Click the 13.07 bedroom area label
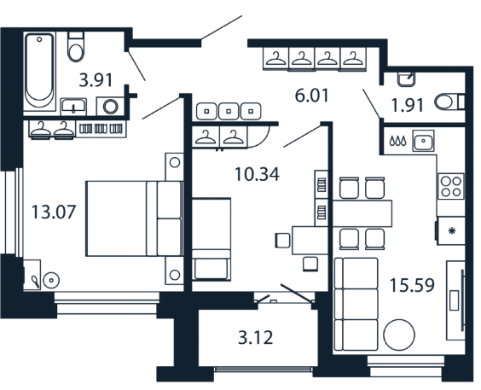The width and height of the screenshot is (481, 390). tap(54, 212)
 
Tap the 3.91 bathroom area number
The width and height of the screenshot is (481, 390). tap(96, 80)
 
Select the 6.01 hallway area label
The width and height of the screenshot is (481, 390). tap(311, 95)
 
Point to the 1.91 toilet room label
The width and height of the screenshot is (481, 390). tap(408, 105)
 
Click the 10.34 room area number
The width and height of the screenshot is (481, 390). tap(257, 174)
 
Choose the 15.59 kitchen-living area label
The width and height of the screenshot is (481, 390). tap(412, 285)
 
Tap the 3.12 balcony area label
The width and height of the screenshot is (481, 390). tap(256, 338)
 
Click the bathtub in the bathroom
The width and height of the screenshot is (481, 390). tap(39, 72)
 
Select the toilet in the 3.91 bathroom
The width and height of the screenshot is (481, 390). tap(75, 47)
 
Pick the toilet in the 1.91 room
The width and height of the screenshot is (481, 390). tap(449, 102)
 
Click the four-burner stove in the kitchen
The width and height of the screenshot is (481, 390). tap(450, 186)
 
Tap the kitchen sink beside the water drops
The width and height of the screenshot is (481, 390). tap(423, 141)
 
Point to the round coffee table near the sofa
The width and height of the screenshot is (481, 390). tap(399, 335)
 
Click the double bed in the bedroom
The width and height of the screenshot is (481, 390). tap(134, 218)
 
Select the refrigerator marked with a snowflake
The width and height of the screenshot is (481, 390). tap(450, 230)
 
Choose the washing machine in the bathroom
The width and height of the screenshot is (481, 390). tap(110, 107)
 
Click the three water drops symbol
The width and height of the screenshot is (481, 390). tap(398, 141)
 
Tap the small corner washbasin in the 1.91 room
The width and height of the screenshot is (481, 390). tap(407, 79)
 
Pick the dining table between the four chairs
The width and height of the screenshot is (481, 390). tap(362, 213)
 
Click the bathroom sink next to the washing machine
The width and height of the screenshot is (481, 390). tap(73, 107)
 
